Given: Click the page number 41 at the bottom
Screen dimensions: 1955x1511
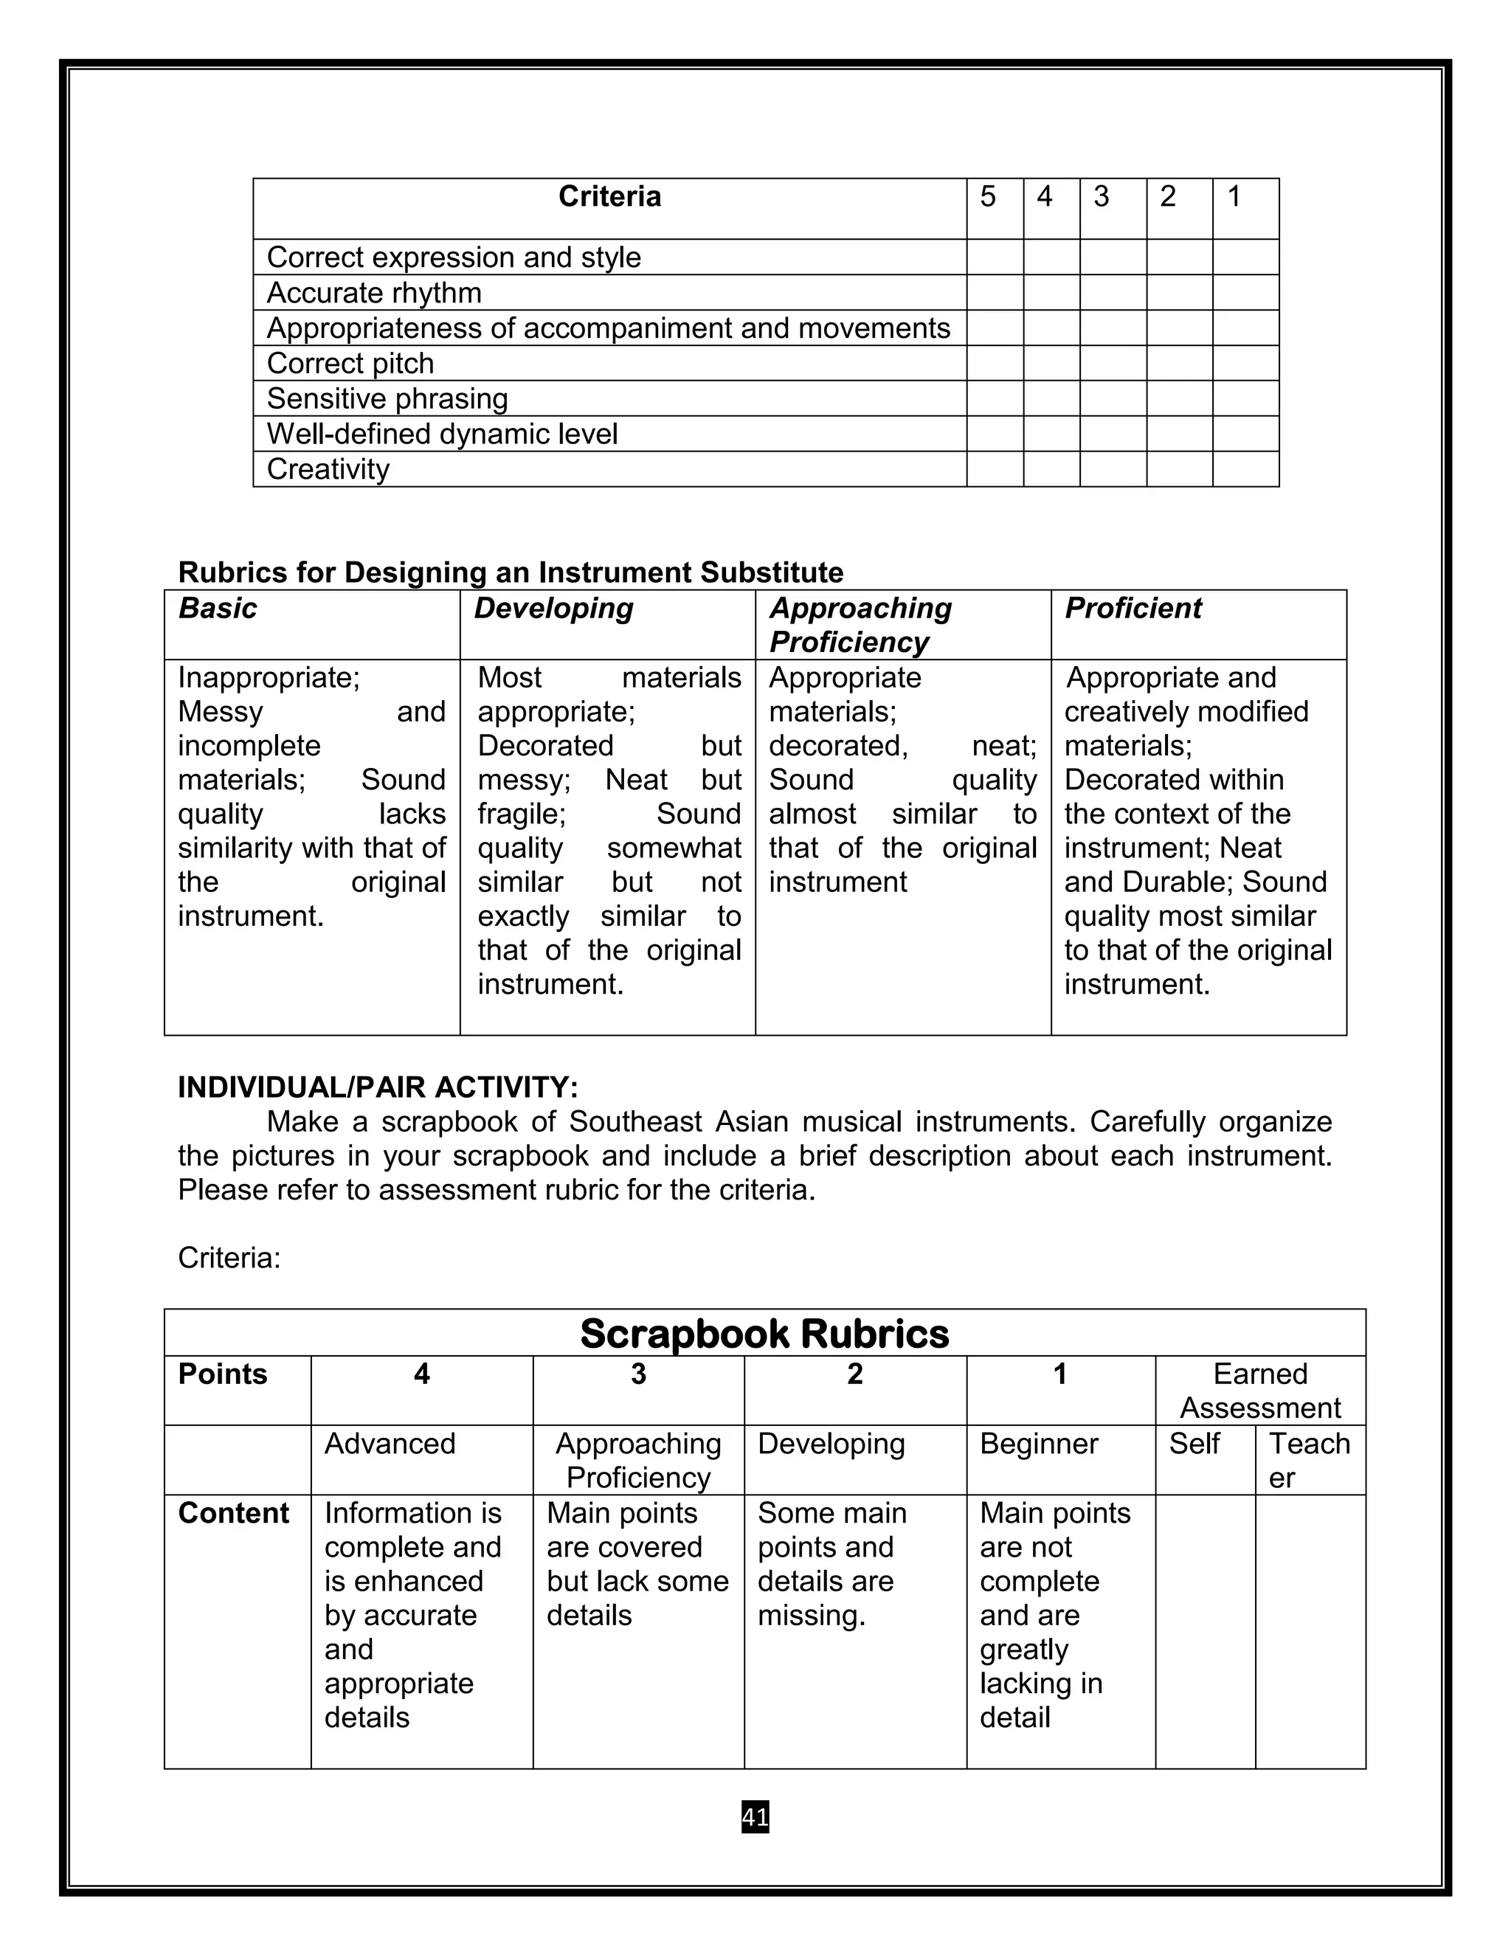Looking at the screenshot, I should click(755, 1817).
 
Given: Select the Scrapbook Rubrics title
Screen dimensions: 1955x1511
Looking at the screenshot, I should click(764, 1334).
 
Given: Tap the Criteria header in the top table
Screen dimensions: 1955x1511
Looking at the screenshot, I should click(609, 197).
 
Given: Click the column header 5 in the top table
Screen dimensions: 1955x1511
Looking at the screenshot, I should click(987, 197).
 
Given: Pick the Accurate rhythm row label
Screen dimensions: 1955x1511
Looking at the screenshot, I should click(374, 293).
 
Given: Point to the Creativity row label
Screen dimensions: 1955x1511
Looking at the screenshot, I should click(328, 469).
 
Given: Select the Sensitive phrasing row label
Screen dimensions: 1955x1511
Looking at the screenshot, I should click(387, 398).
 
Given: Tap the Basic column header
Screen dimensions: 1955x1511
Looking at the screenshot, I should click(218, 609).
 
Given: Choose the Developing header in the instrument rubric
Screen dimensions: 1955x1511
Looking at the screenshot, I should click(553, 609).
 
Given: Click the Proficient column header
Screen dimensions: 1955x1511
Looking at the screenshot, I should click(1133, 609).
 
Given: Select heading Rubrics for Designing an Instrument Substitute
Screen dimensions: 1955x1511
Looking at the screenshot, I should click(511, 572).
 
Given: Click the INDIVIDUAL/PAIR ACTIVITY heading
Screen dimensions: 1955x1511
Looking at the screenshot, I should click(378, 1087).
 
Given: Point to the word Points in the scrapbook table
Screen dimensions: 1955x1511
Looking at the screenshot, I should click(223, 1374).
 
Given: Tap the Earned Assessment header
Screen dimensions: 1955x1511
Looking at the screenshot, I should click(1259, 1390).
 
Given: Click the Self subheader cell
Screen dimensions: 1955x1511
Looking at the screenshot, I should click(1194, 1444).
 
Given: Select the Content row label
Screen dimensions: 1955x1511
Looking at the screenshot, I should click(234, 1513).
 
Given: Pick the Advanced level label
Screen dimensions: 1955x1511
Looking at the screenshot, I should click(390, 1444).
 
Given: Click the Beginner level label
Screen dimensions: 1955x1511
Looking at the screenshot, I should click(1038, 1444).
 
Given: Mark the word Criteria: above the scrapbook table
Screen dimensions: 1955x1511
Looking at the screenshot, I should click(229, 1258).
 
